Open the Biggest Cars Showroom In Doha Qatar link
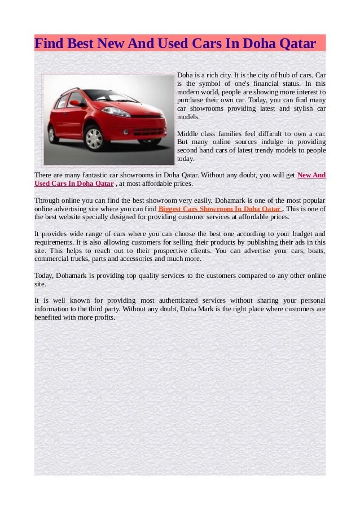coord(219,208)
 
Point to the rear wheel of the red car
coord(54,134)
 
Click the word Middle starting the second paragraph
coord(188,134)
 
